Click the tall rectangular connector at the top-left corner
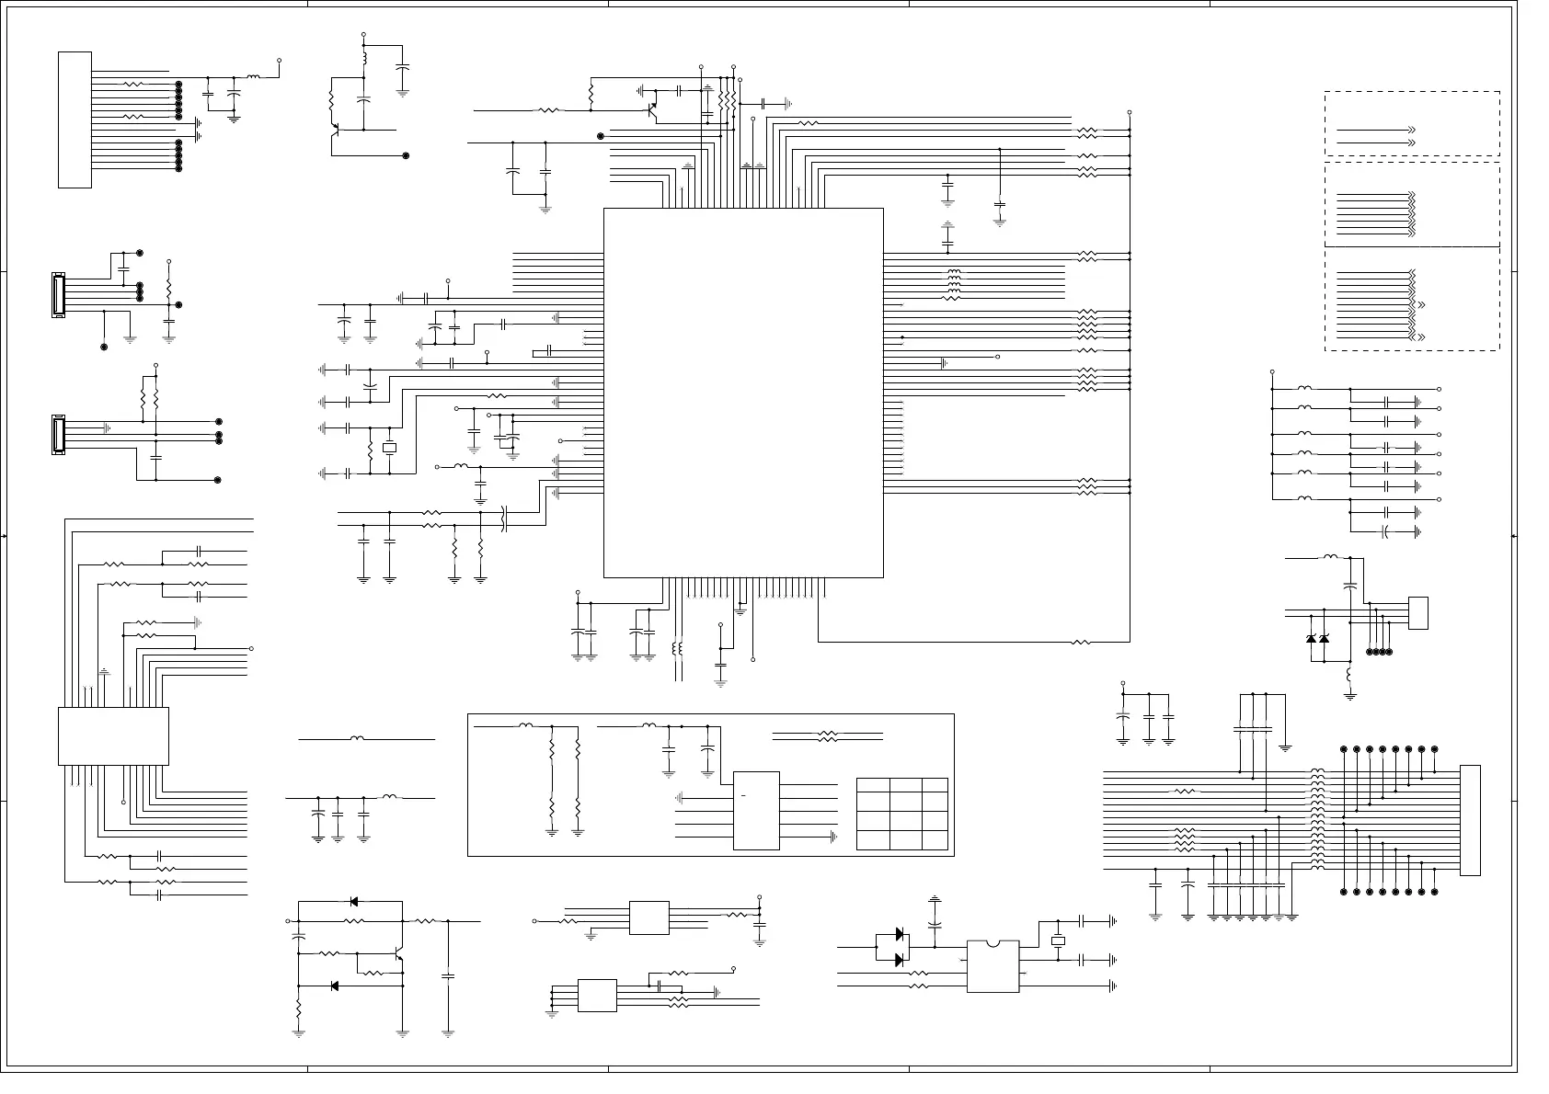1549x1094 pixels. tap(75, 120)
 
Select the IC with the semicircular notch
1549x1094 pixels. tap(993, 966)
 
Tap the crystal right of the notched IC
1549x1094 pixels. tap(1058, 940)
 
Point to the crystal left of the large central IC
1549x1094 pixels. tap(389, 448)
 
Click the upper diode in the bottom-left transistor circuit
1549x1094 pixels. tap(354, 902)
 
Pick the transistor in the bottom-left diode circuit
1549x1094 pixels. tap(398, 956)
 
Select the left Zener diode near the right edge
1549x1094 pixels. tap(1311, 639)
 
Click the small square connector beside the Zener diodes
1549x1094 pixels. tap(1417, 612)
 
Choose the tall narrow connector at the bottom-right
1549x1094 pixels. tap(1470, 820)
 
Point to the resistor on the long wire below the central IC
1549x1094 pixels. tap(1082, 642)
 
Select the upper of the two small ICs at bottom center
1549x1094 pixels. tap(648, 918)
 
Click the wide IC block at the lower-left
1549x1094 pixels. tap(113, 735)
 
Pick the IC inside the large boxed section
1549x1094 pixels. tap(756, 810)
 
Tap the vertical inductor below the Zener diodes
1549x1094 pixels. tap(1349, 676)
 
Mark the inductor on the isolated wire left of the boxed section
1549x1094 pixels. tap(357, 738)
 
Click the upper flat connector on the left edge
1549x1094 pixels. tap(58, 294)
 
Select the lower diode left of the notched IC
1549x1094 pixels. tap(899, 960)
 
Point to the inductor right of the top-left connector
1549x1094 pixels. tap(253, 77)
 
